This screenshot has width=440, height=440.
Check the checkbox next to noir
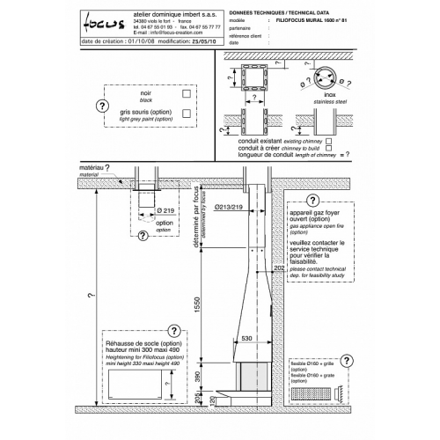[x=187, y=92]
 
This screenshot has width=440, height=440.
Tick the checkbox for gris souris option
[x=187, y=113]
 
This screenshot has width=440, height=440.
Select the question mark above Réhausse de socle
[x=172, y=333]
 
